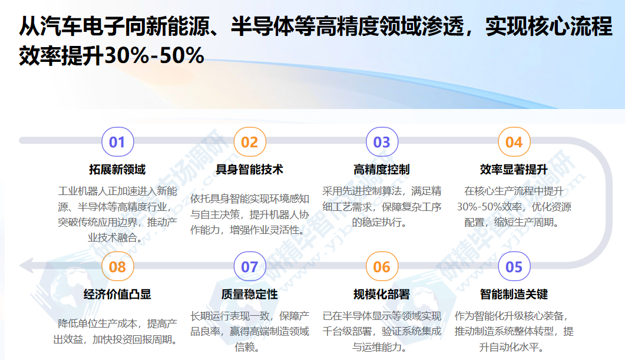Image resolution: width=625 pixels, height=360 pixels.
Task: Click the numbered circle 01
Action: pos(118,142)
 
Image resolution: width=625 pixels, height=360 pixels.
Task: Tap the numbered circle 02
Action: pos(250,142)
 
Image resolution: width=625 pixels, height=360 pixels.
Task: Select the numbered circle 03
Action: pos(382,142)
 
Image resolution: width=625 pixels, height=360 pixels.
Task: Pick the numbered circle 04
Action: pos(514,142)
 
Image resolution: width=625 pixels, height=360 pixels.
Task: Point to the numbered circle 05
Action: pos(514,267)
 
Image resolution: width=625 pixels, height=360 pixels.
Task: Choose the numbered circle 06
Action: pos(382,267)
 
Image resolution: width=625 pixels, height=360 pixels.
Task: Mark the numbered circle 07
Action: pos(250,267)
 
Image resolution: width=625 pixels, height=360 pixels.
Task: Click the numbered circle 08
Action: pos(118,267)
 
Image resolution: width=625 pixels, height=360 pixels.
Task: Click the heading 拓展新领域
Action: pos(117,170)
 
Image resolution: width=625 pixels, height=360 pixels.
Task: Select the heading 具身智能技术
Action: pos(249,170)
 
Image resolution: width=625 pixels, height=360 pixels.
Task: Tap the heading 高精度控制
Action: pos(381,170)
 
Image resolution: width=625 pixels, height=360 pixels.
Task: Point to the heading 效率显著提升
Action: pos(514,170)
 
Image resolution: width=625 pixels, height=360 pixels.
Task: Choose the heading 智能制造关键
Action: pos(514,294)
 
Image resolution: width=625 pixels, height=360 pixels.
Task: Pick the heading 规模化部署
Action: pos(381,294)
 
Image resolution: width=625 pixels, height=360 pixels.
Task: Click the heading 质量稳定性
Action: pos(249,294)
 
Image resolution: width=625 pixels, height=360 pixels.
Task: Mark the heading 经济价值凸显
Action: pos(117,294)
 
